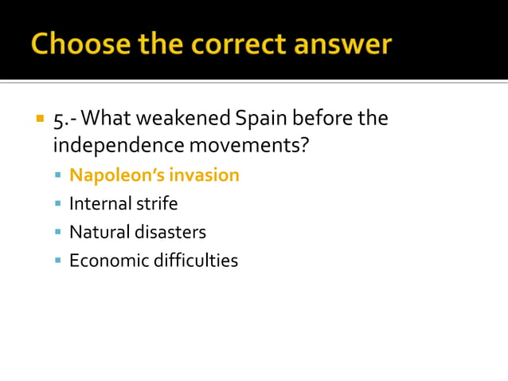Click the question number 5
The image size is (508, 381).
click(58, 120)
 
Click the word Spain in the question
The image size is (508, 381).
click(263, 120)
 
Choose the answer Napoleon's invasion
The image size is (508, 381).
click(154, 175)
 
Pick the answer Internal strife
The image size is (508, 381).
click(123, 203)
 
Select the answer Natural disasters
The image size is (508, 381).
click(137, 232)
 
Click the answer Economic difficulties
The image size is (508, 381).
click(153, 261)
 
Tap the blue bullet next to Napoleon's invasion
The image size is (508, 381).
click(58, 175)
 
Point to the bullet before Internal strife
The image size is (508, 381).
click(58, 204)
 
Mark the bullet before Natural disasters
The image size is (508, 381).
click(58, 233)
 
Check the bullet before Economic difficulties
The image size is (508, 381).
click(58, 261)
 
